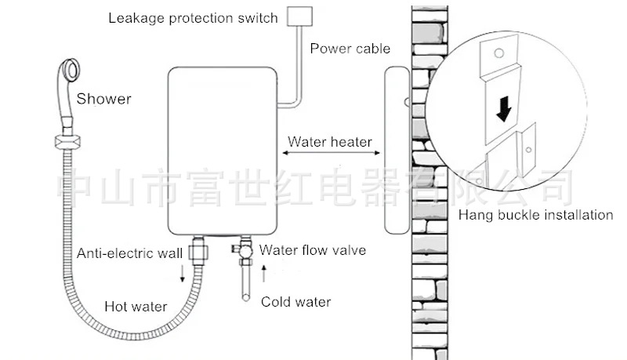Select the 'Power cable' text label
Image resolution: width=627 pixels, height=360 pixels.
(x=350, y=49)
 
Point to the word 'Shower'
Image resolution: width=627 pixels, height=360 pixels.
(x=103, y=99)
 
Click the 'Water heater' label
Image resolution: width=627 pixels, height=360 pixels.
(x=329, y=143)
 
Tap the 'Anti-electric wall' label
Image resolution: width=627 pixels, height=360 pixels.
(x=129, y=253)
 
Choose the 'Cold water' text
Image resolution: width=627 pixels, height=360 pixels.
(x=295, y=302)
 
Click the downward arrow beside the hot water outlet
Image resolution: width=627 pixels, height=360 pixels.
(x=183, y=273)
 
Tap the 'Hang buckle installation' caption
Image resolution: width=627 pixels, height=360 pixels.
(x=535, y=215)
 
